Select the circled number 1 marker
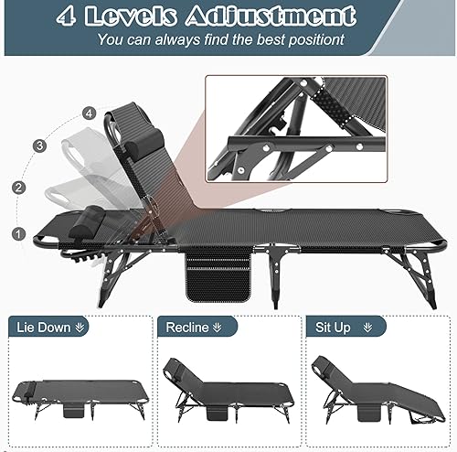pyautogui.click(x=18, y=234)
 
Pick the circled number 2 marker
pyautogui.click(x=17, y=188)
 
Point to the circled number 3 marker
pyautogui.click(x=40, y=145)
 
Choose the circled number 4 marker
pyautogui.click(x=88, y=113)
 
